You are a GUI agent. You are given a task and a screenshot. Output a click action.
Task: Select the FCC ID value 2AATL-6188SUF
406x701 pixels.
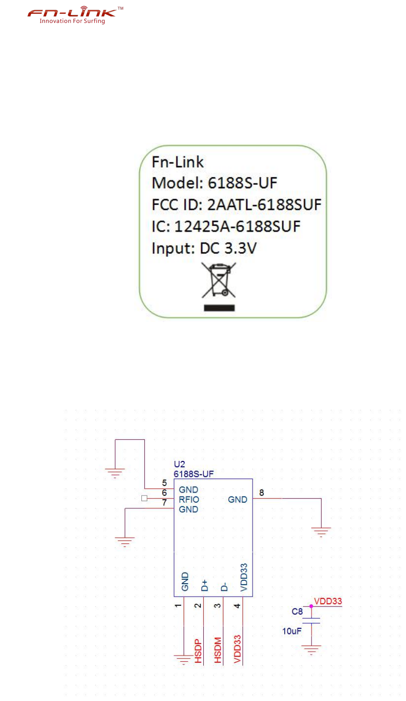pos(264,205)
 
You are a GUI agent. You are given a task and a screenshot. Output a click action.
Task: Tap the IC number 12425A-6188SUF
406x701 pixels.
pos(237,226)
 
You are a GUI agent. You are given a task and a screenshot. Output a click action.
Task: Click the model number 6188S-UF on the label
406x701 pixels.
pos(242,183)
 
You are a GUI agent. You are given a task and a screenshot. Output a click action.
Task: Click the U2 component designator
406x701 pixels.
pos(179,464)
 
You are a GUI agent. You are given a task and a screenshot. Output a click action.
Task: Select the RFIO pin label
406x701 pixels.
pos(189,499)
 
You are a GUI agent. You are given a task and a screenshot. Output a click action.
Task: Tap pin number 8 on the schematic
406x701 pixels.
pos(261,493)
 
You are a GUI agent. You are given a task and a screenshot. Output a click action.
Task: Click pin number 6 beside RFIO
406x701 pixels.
pos(164,493)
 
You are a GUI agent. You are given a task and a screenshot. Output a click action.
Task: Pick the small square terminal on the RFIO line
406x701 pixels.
pos(144,498)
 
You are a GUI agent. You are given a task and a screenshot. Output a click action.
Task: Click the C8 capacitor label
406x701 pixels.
pos(297,611)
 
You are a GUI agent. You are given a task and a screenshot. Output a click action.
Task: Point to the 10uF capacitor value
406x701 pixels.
pos(292,631)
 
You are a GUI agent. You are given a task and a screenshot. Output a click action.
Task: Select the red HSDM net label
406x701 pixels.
pos(218,650)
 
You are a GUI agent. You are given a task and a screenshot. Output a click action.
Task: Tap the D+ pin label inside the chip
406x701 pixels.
pos(205,585)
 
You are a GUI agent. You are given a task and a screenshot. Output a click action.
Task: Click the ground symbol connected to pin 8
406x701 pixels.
pos(321,531)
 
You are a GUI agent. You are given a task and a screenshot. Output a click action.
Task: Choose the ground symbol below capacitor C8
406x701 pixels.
pos(312,650)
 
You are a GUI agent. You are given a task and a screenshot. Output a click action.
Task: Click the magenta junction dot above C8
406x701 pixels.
pos(312,606)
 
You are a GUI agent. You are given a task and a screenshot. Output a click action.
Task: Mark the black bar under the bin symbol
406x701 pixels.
pos(219,308)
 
